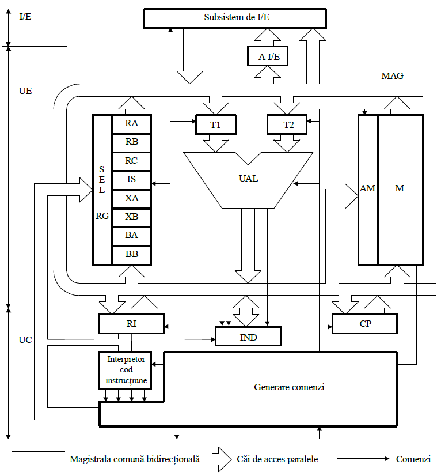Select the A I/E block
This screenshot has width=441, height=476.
[268, 56]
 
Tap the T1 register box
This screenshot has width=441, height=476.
[214, 124]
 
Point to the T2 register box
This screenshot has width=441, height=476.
[287, 124]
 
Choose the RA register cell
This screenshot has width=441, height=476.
[131, 123]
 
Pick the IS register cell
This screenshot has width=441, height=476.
[131, 180]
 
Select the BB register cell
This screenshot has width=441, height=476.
[131, 255]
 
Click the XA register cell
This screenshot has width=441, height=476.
[131, 198]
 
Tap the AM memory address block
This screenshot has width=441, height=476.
[367, 189]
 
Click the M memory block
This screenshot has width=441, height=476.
[400, 189]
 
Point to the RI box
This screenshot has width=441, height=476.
[131, 324]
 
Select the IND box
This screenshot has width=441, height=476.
[248, 336]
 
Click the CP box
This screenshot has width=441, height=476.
[364, 324]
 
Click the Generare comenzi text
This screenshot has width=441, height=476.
[289, 387]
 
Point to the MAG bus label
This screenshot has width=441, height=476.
[392, 76]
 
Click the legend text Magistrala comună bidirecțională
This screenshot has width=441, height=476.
[134, 459]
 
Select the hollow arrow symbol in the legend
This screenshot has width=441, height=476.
[221, 459]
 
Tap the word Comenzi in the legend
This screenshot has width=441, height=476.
[413, 459]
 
